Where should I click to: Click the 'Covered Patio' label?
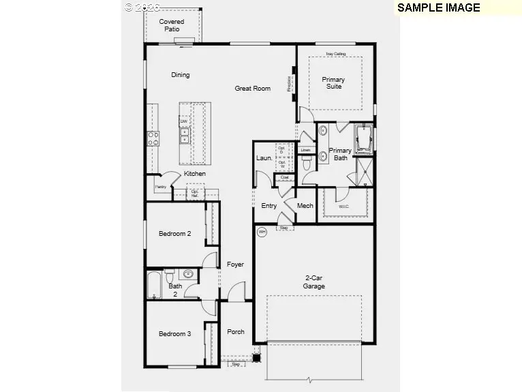[172, 26]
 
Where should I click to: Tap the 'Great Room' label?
[252, 89]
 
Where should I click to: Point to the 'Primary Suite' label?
[333, 83]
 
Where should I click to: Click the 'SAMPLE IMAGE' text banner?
[438, 8]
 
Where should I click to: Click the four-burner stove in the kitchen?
[153, 138]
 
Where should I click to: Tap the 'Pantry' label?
[161, 187]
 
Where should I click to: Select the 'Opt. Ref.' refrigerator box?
[195, 193]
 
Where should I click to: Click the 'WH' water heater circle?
[262, 232]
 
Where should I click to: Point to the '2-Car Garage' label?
[314, 282]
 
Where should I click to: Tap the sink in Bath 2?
[187, 275]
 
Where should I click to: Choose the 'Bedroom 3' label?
[174, 334]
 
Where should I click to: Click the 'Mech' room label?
[305, 206]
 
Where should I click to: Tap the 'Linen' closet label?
[305, 150]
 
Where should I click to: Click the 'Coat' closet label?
[284, 178]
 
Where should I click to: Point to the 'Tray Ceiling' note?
[335, 54]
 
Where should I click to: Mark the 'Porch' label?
[236, 332]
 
